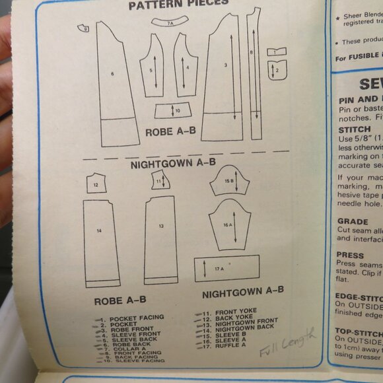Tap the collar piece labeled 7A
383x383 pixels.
(170, 23)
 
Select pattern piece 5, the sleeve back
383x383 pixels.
(152, 69)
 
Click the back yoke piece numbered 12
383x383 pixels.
(96, 184)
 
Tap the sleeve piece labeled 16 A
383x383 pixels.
(228, 225)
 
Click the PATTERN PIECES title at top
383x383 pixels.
(178, 4)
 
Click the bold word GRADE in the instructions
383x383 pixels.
(353, 222)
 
